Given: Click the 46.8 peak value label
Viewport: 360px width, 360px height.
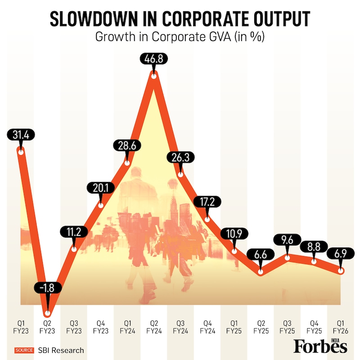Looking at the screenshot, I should coord(154,59).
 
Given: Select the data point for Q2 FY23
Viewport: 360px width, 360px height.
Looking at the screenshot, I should coord(47,309).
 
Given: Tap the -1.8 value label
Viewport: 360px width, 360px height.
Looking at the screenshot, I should coord(47,288).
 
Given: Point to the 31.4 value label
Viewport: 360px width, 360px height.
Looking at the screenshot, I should coord(20,134).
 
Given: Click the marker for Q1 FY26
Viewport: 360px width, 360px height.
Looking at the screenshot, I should coord(341,271).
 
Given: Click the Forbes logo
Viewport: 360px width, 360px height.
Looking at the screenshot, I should coord(320,346).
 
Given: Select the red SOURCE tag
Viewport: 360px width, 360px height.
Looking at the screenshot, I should coord(25,350).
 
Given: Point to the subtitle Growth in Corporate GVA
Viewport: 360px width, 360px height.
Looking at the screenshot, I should coord(180,37).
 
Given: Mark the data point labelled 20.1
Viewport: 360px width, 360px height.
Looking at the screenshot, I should coord(100,205).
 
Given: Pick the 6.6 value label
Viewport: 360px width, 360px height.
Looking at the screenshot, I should coord(261,255).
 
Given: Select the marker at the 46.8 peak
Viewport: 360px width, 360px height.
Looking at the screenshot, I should coord(154,76).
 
